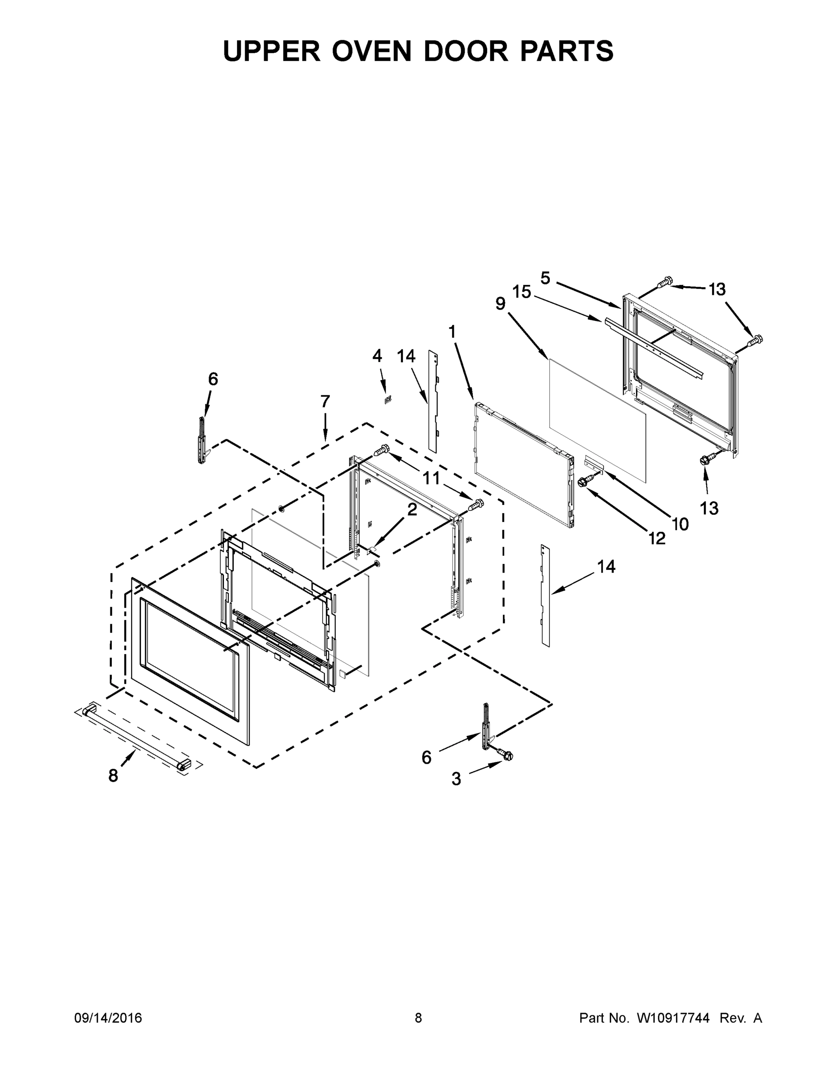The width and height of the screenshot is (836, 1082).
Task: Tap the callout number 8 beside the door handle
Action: pyautogui.click(x=114, y=776)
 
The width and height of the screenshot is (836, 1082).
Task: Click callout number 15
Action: pyautogui.click(x=521, y=292)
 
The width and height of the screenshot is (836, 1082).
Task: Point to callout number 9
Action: pyautogui.click(x=501, y=304)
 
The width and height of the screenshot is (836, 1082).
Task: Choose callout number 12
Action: pyautogui.click(x=657, y=538)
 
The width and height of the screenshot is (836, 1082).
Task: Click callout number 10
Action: pyautogui.click(x=681, y=524)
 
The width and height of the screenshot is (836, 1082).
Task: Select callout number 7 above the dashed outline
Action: pyautogui.click(x=325, y=401)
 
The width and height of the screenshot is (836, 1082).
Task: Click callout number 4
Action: pyautogui.click(x=377, y=355)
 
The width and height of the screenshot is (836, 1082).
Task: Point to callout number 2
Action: pyautogui.click(x=412, y=510)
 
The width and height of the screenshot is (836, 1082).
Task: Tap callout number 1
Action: pyautogui.click(x=452, y=331)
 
